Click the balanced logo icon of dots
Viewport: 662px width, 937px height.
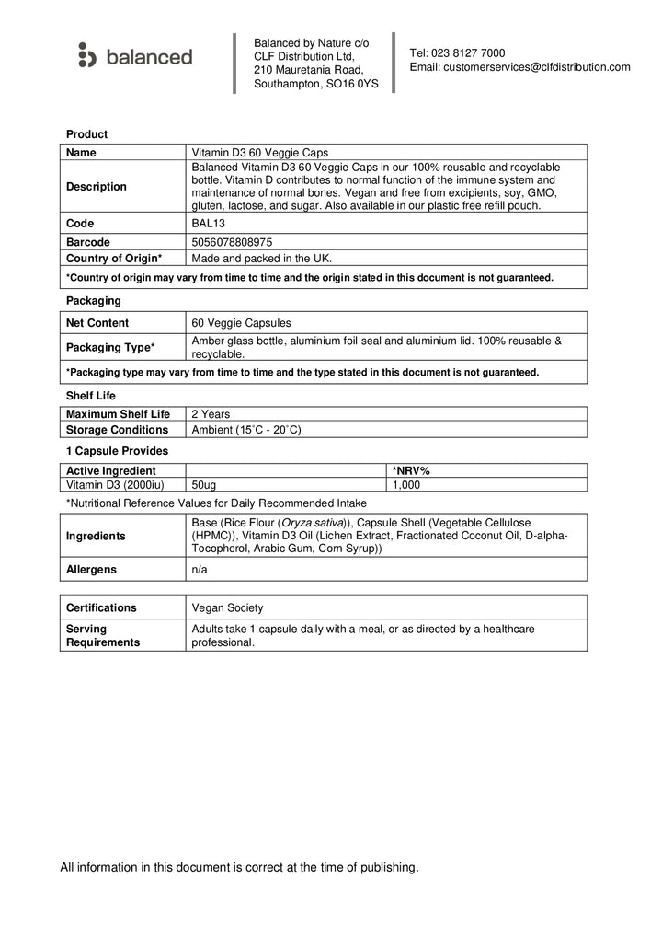[87, 55]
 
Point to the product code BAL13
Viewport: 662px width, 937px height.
[207, 224]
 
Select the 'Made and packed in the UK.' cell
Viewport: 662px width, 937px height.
[262, 258]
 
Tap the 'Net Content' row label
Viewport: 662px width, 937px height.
[97, 323]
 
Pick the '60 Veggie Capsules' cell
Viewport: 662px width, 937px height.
[241, 323]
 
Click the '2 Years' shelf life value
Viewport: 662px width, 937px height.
[211, 414]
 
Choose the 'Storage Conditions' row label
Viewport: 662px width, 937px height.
[118, 430]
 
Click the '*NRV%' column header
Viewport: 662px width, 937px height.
[411, 471]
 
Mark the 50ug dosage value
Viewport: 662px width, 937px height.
[205, 484]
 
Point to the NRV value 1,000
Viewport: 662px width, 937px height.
[406, 484]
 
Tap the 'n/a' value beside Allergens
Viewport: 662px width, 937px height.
[200, 570]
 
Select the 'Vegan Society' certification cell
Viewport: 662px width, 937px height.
[227, 607]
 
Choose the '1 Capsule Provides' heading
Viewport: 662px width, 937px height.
[117, 451]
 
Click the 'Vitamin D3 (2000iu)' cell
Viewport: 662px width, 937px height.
[115, 484]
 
